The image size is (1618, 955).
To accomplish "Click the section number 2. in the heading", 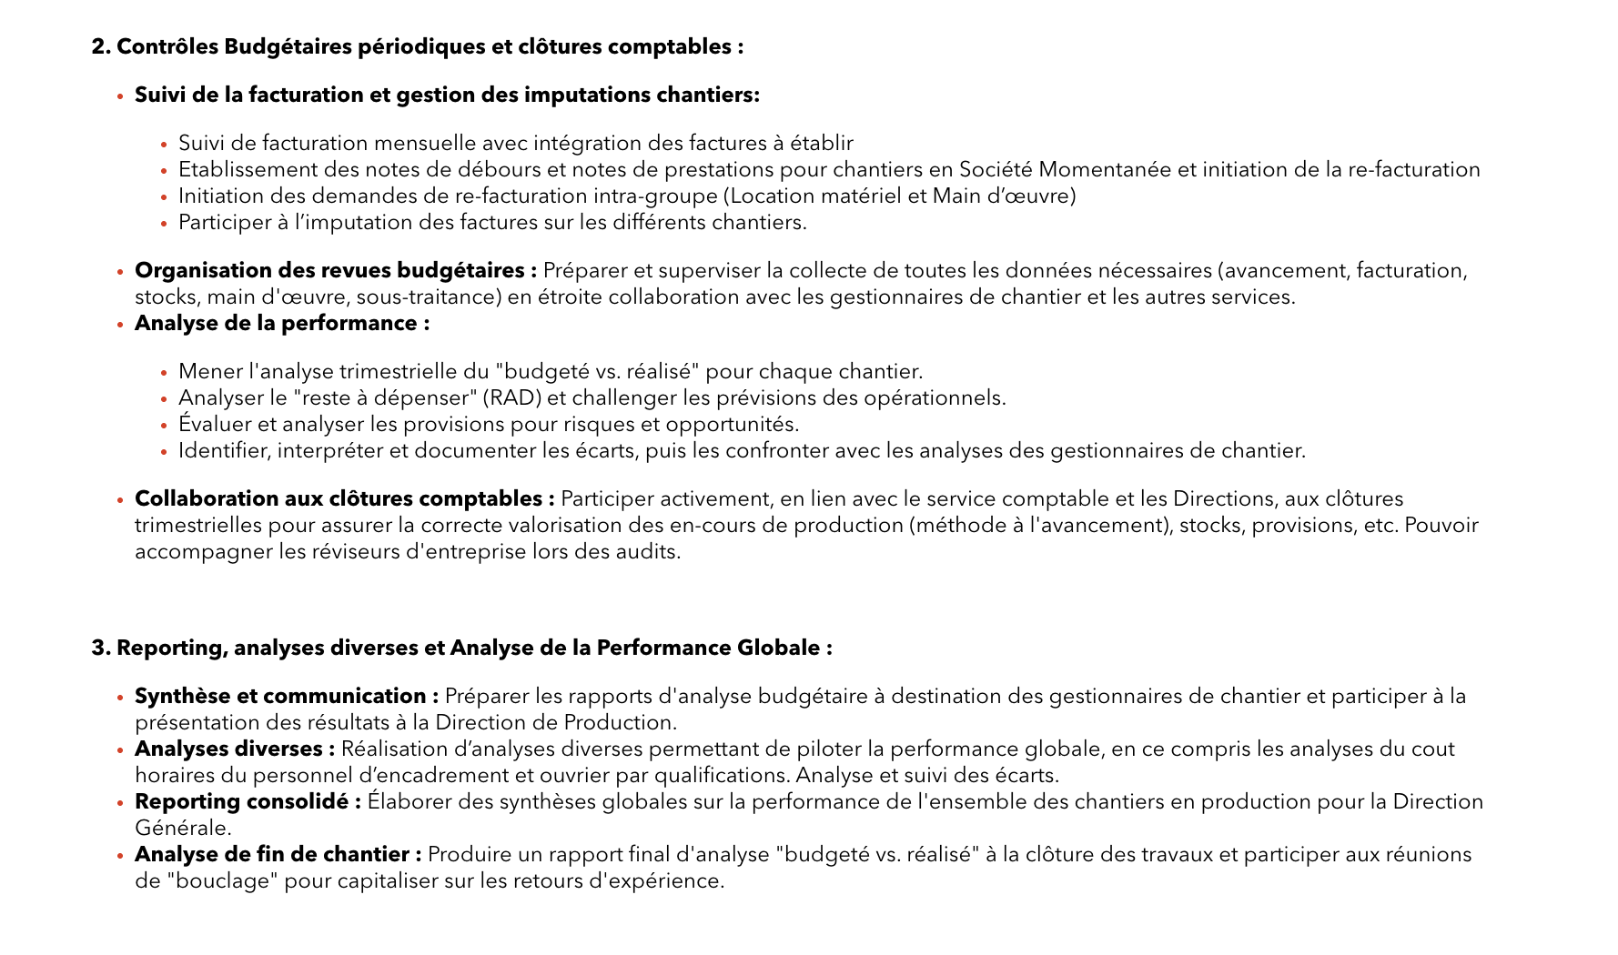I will click(101, 46).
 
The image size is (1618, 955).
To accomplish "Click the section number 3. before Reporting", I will click(101, 648).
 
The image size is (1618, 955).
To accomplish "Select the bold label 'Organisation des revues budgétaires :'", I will click(335, 271).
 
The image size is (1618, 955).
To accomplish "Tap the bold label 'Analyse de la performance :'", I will click(282, 324).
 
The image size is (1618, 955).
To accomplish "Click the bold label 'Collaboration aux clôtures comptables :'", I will click(344, 499).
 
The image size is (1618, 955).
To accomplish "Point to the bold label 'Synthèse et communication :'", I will click(286, 697).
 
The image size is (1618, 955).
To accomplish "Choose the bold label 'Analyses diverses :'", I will click(235, 749).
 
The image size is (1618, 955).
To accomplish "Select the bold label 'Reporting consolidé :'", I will click(248, 802).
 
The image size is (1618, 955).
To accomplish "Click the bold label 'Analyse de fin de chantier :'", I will click(278, 855).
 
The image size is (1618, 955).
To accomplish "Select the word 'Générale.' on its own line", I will click(183, 829).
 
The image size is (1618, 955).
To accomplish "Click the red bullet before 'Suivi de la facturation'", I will click(120, 96).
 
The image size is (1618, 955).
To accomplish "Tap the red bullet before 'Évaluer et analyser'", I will click(164, 426).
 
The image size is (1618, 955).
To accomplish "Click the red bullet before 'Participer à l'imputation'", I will click(164, 224).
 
